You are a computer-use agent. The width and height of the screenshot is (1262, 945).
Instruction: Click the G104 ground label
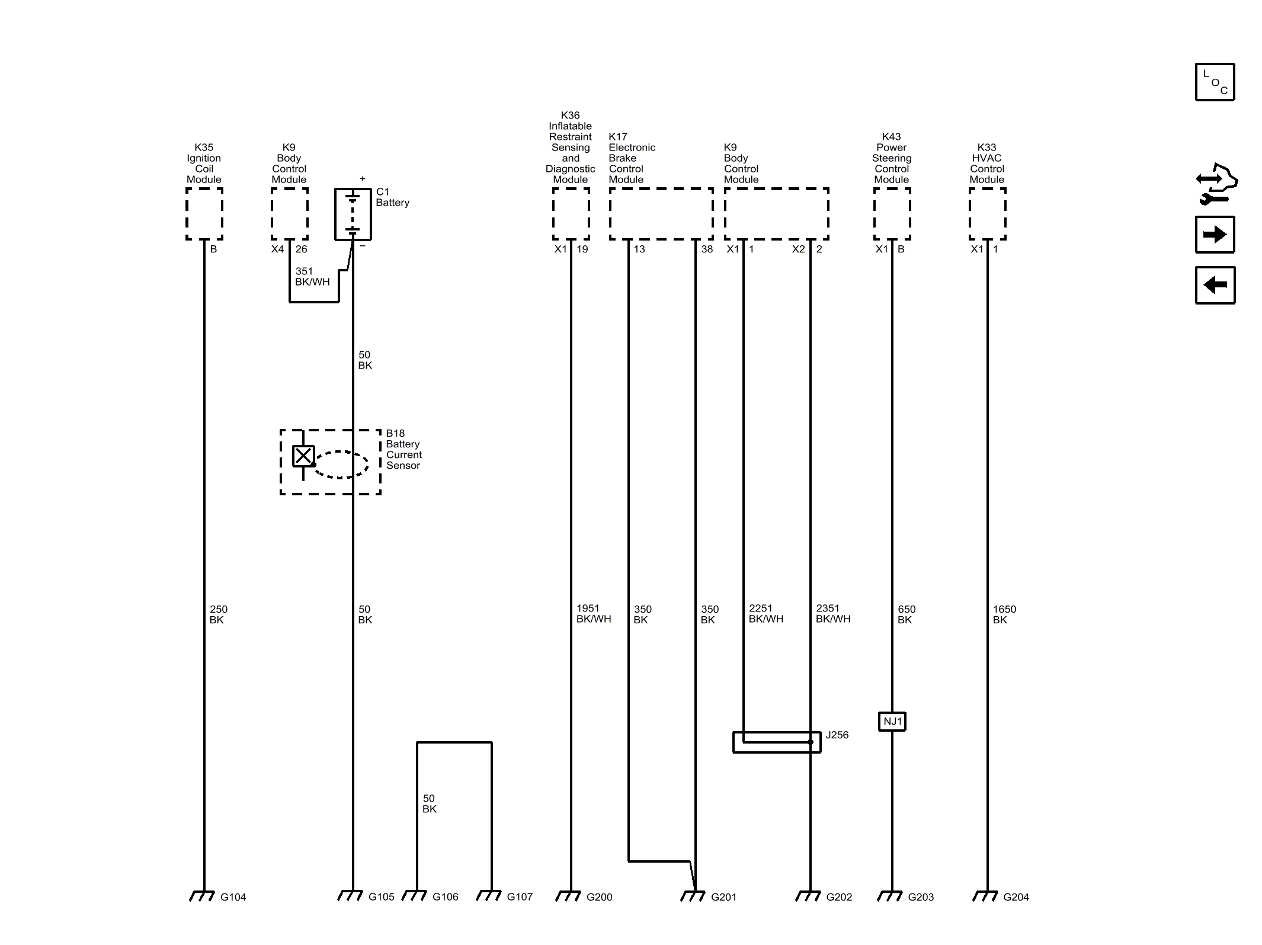(233, 897)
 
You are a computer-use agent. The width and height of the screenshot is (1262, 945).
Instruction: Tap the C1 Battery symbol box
(353, 214)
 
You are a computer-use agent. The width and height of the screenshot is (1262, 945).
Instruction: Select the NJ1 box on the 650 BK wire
(892, 721)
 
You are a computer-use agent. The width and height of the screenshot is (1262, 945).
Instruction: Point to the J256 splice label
(837, 735)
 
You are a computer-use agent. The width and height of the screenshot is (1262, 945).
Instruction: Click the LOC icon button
(1215, 82)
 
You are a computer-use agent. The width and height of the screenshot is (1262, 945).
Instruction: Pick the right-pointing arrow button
(1215, 235)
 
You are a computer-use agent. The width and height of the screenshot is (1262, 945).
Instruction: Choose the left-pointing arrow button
(1215, 285)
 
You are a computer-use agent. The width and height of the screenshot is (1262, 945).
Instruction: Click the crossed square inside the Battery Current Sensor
(303, 456)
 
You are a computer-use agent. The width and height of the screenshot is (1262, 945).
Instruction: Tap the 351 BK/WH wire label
(312, 277)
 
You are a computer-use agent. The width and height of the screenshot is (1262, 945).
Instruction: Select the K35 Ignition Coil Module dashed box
(204, 214)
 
